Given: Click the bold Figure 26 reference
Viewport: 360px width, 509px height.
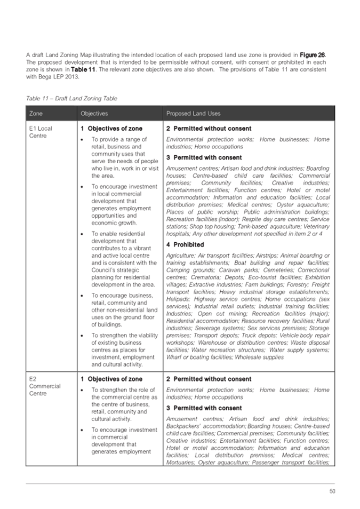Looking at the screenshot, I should [313, 55].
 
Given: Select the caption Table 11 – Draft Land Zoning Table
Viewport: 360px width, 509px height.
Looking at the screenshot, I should [71, 99].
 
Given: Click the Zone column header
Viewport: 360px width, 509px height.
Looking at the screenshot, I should [36, 114].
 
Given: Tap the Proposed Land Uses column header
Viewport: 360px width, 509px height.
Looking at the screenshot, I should [193, 114].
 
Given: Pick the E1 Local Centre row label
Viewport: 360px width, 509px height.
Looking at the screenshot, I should [41, 132].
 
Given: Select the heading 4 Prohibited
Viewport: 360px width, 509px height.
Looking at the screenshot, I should [185, 245].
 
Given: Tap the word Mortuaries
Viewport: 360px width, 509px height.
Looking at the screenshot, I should [182, 462].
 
